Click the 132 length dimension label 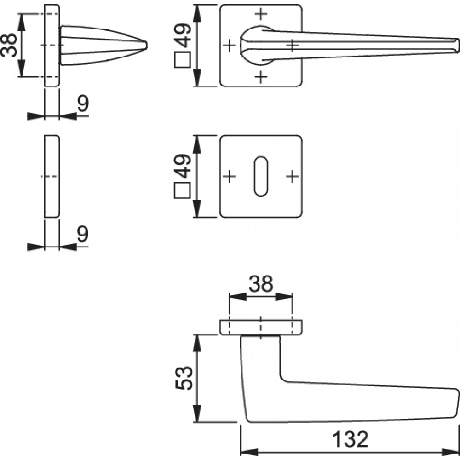pos(350,439)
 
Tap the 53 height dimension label pos(184,378)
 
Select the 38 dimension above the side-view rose pos(261,284)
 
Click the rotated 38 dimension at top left pos(9,45)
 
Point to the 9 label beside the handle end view pos(83,103)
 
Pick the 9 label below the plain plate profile pos(83,234)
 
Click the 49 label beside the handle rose pos(183,35)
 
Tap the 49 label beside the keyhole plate pos(183,166)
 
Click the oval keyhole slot pos(260,176)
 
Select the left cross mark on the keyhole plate pos(230,176)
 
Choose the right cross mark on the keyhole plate pos(292,176)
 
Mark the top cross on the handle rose pos(261,14)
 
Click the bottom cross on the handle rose pos(261,77)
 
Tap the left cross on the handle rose pos(230,46)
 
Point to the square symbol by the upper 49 pos(183,60)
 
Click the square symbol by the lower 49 pos(183,190)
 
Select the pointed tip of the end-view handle pos(147,45)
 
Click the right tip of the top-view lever pos(459,46)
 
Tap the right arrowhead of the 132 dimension pos(450,452)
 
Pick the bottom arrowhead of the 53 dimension pos(197,414)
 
